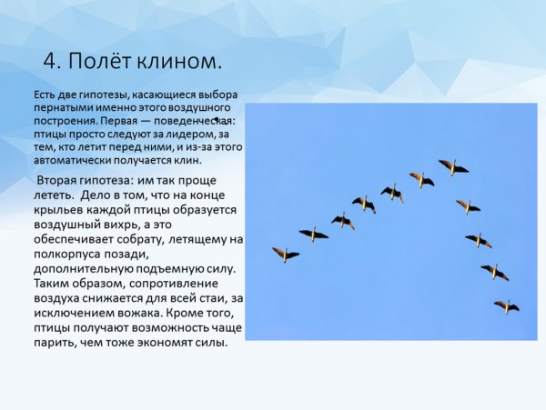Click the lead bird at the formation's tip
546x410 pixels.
[452, 166]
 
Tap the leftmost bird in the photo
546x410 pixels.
[285, 255]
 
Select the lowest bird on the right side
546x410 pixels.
[506, 306]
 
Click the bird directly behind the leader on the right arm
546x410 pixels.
[468, 205]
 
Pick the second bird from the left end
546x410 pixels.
[313, 234]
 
